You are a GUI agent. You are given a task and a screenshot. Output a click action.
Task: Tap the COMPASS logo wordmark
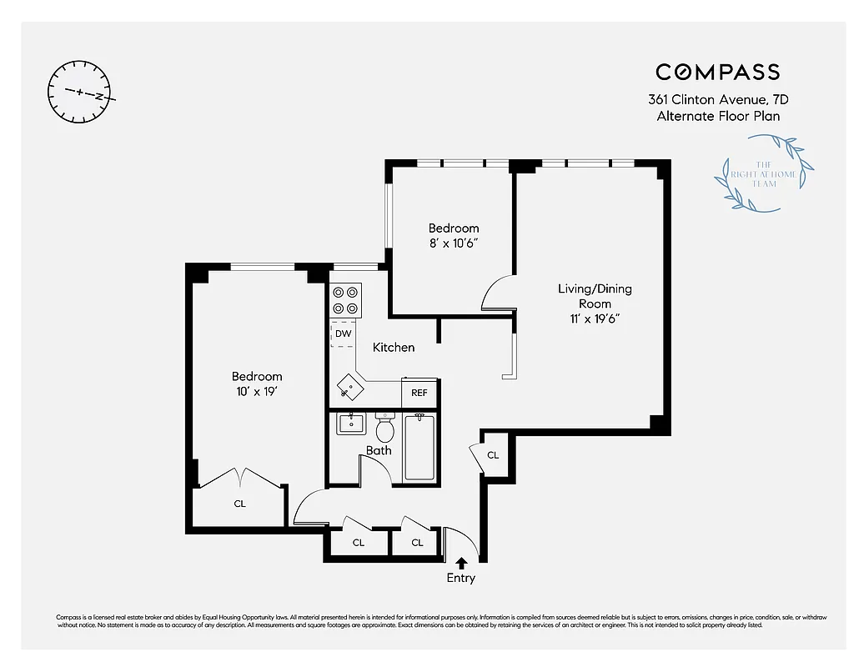(x=717, y=72)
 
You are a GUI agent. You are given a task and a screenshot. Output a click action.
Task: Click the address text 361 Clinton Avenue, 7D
(x=718, y=99)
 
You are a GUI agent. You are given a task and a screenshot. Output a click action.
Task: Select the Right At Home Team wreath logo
(x=764, y=178)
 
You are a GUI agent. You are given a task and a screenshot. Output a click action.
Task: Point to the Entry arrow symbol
(x=460, y=564)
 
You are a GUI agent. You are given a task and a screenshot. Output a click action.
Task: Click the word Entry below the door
(x=460, y=578)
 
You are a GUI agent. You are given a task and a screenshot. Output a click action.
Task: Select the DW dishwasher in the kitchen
(x=343, y=333)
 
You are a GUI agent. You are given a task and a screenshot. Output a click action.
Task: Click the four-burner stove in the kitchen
(x=346, y=300)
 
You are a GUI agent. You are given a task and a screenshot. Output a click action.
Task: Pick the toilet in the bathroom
(x=384, y=429)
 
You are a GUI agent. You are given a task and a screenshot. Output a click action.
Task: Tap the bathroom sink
(x=351, y=424)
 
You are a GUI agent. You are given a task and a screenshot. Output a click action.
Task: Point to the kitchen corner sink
(x=350, y=387)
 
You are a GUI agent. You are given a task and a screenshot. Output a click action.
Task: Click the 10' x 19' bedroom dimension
(x=257, y=391)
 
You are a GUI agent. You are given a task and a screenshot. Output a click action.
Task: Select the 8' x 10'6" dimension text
(x=454, y=243)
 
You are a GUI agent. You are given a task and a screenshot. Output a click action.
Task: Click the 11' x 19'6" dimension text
(x=595, y=318)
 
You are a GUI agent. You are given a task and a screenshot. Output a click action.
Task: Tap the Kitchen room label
(x=394, y=347)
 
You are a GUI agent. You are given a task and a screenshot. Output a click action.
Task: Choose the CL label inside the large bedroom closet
(x=239, y=504)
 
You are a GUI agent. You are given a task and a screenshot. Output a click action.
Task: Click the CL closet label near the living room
(x=493, y=455)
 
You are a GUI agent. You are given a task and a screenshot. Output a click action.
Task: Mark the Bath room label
(x=379, y=450)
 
